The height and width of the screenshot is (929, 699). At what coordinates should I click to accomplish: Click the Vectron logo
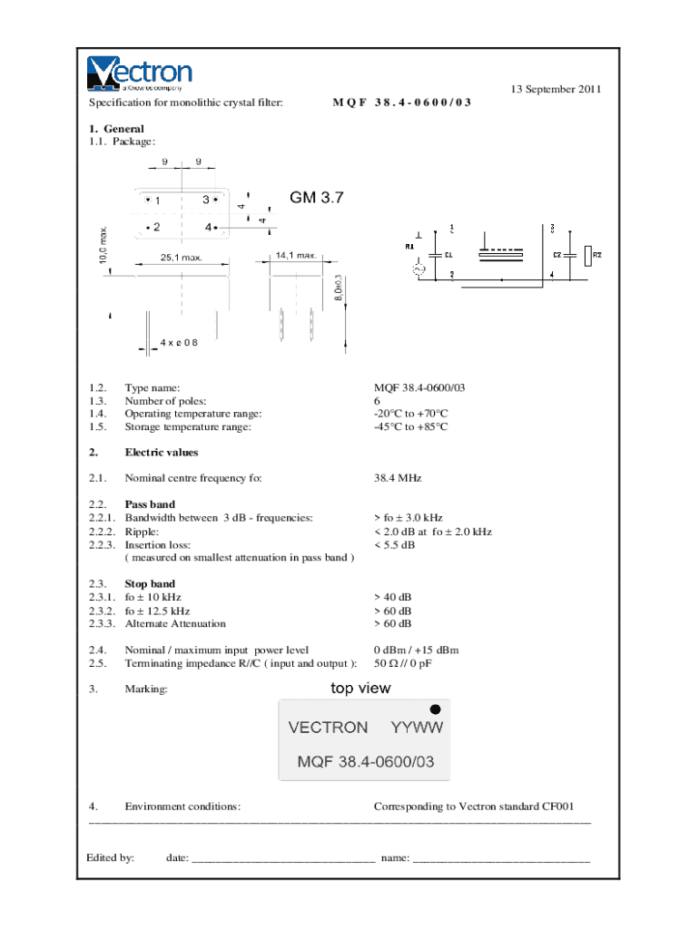tap(140, 73)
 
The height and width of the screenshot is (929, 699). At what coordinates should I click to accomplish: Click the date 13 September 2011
tap(556, 89)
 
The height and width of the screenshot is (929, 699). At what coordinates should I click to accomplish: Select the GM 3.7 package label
tap(317, 197)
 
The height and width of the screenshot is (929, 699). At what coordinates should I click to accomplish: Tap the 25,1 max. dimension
tap(182, 258)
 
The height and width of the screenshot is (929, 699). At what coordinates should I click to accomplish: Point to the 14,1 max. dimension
tap(296, 255)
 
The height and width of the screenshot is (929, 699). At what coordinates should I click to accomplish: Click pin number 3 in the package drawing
tap(206, 200)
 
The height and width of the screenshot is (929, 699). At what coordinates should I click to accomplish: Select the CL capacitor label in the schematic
tap(448, 255)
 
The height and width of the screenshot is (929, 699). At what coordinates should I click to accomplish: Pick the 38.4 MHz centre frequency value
tap(398, 478)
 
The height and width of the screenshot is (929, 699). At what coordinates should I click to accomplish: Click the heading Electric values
tap(161, 453)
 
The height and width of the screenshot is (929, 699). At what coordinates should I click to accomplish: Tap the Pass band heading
tap(150, 504)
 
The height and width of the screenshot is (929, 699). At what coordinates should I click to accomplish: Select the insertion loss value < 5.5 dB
tap(394, 545)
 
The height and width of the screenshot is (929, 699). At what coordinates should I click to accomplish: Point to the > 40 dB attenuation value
tap(392, 598)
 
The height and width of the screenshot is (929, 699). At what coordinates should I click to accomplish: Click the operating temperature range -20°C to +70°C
tap(411, 414)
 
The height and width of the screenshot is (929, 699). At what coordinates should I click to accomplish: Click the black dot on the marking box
tap(436, 709)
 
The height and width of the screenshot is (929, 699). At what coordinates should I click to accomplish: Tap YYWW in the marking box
tap(417, 728)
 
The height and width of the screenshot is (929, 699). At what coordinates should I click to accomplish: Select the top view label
tap(360, 689)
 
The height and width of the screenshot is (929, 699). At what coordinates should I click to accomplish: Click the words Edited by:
tap(111, 857)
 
